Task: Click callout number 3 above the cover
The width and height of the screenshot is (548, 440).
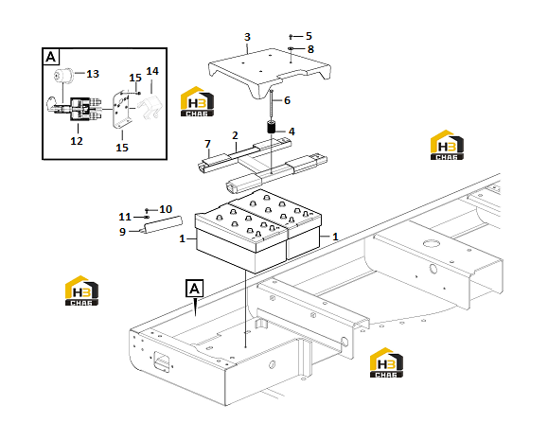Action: coord(247,37)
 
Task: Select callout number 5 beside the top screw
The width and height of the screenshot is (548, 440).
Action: coord(309,36)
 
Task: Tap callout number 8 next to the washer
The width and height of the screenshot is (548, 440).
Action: coord(310,49)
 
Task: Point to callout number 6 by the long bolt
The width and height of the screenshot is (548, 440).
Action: coord(287,100)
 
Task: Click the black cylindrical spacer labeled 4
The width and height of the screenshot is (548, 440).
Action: coord(272,127)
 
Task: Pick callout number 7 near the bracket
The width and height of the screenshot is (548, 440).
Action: coord(208,144)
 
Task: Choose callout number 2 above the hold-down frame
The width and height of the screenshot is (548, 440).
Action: coord(235,135)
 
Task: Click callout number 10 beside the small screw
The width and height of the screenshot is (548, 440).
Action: coord(166,209)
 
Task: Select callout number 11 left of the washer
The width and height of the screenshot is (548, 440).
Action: coord(125,217)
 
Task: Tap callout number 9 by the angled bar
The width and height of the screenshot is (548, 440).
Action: coord(122,232)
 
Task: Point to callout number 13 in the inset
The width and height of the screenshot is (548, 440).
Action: coord(93,74)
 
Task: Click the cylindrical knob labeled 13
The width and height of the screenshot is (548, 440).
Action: coord(62,76)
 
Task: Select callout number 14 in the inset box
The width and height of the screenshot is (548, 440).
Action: coord(152,71)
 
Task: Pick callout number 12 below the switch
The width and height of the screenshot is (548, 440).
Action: coord(77,141)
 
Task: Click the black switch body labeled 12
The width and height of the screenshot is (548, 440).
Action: coord(81,110)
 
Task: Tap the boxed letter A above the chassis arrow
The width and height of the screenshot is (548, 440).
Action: coord(194,289)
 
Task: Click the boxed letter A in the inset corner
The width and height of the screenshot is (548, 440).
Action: coord(51,57)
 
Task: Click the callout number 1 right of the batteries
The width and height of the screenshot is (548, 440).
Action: coord(335,237)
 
